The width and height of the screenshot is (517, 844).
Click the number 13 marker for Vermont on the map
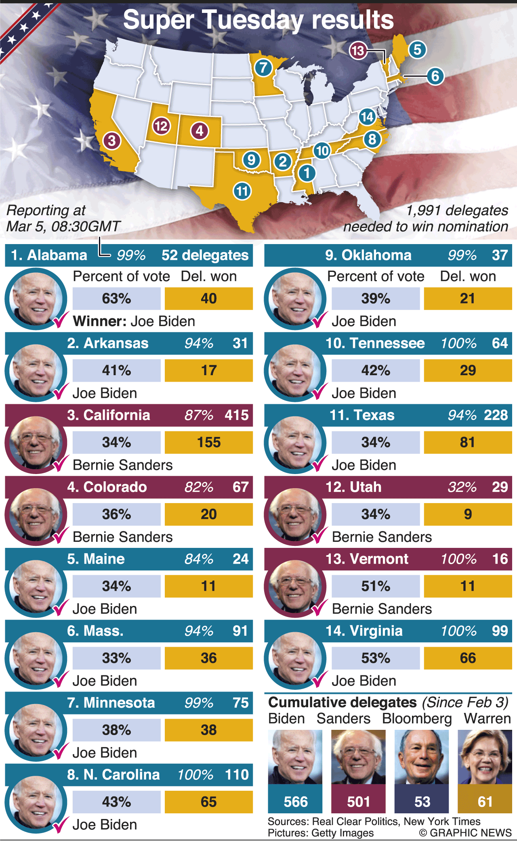(358, 51)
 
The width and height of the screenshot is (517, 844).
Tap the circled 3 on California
(111, 140)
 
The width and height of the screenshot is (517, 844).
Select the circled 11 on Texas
(242, 190)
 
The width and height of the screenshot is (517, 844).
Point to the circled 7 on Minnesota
(263, 67)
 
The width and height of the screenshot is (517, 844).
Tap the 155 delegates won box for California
(208, 442)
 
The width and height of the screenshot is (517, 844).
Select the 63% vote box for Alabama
(116, 299)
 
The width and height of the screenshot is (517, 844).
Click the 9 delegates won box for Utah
(468, 514)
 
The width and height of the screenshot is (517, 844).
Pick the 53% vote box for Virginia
(376, 658)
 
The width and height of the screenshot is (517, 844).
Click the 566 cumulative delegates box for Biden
(295, 801)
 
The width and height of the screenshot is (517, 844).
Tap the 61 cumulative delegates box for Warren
(485, 801)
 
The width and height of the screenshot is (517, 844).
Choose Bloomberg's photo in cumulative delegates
(422, 757)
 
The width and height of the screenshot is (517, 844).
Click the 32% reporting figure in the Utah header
(462, 487)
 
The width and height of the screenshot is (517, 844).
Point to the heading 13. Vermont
(367, 559)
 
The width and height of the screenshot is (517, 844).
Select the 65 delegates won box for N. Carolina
(208, 802)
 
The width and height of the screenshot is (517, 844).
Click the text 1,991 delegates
(457, 210)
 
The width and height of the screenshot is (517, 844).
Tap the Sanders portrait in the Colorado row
(36, 514)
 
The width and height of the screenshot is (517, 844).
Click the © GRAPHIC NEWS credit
(465, 833)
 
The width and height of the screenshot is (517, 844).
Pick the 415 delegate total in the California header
(237, 415)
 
